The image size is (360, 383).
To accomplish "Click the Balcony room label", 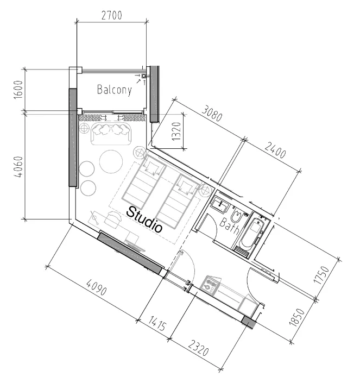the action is click(114, 90).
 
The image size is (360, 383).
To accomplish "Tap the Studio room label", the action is click(144, 219).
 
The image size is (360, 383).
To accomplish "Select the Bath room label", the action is click(230, 225).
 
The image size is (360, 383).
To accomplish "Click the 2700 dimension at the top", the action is click(111, 15).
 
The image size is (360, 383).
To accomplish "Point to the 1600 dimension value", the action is click(18, 90).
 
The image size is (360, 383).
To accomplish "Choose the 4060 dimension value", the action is click(18, 167).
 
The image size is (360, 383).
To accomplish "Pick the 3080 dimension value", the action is click(212, 113).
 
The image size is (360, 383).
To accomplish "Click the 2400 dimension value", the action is click(275, 150).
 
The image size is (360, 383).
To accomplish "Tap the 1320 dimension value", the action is click(176, 131).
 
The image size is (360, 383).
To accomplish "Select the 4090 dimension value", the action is click(97, 287).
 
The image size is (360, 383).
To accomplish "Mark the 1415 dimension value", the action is click(157, 323).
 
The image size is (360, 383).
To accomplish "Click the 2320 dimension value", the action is click(198, 348).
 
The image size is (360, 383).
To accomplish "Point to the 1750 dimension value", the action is click(321, 275).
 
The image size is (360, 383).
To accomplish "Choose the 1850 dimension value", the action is click(297, 317).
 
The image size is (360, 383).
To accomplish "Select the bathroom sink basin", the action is click(220, 204).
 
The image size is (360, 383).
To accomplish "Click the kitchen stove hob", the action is click(210, 285).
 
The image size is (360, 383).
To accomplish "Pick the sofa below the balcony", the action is click(112, 134).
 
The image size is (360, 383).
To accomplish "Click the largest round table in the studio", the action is click(111, 162).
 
